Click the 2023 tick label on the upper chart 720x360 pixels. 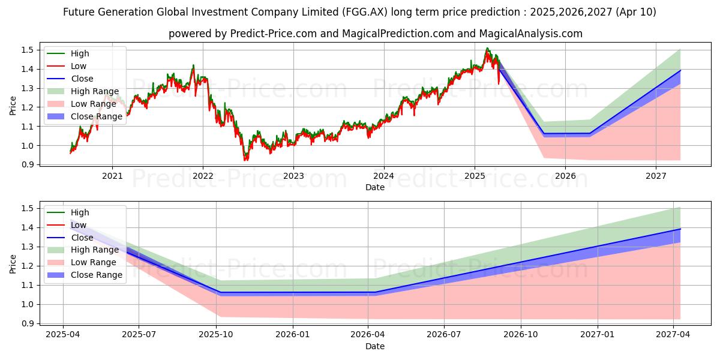click(293, 176)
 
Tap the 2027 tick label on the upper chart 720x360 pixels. click(656, 176)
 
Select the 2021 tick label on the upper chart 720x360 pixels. click(112, 176)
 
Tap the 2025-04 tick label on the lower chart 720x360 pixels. click(63, 335)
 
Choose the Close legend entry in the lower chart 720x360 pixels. click(82, 238)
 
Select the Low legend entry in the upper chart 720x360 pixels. click(78, 66)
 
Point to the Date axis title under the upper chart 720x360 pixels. click(375, 187)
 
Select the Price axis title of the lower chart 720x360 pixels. click(13, 263)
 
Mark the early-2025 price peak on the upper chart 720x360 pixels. click(487, 49)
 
